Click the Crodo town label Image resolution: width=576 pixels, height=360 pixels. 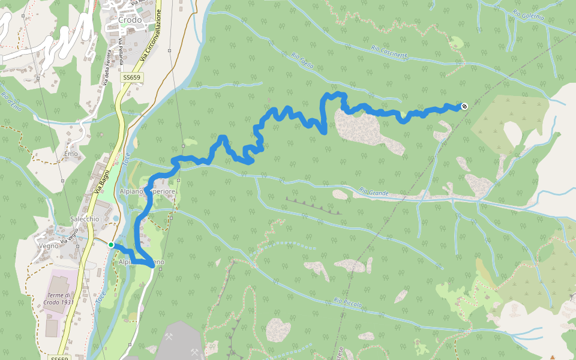[130, 20]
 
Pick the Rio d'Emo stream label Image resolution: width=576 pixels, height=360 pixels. [11, 100]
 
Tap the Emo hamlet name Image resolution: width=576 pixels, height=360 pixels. [71, 154]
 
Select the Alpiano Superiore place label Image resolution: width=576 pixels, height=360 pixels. [148, 191]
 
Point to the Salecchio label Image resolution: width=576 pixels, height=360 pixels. [85, 219]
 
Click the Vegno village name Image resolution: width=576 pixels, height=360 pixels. [48, 245]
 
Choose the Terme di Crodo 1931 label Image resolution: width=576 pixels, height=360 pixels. [61, 298]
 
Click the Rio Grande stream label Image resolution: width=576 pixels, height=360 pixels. [374, 192]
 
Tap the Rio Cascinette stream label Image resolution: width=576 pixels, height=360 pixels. [389, 52]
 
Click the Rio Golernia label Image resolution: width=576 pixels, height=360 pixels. [529, 14]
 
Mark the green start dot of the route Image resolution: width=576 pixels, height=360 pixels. [111, 245]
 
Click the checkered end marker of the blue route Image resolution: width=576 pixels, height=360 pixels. [464, 106]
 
